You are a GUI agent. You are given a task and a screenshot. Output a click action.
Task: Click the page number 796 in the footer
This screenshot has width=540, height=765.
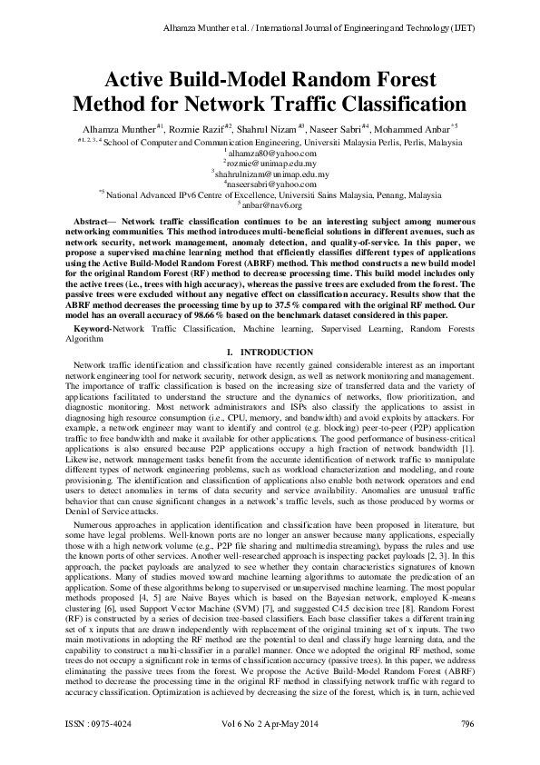click(x=467, y=750)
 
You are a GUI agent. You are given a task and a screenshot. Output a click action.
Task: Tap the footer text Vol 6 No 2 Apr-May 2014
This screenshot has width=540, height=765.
click(x=270, y=750)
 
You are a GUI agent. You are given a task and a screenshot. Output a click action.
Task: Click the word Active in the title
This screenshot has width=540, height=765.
click(x=141, y=80)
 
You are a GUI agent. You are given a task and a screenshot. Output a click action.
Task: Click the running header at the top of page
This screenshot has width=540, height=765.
click(x=319, y=28)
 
